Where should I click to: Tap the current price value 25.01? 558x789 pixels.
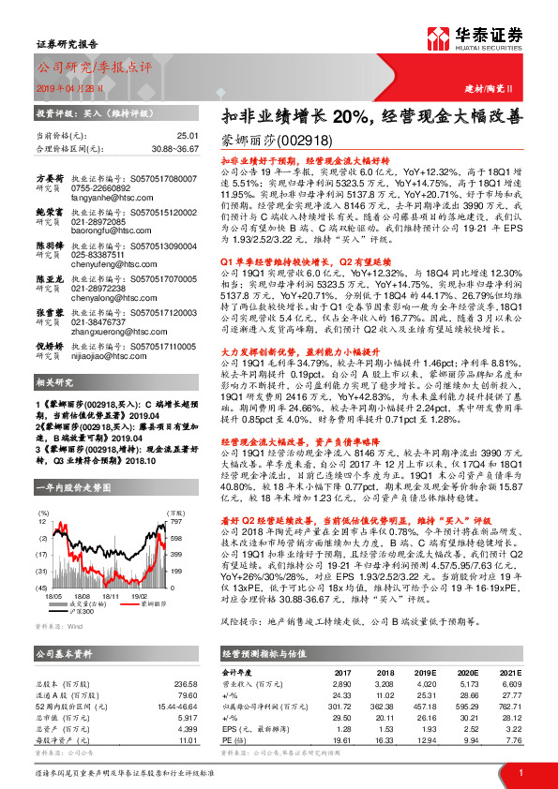click(x=190, y=136)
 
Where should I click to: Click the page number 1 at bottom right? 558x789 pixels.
click(x=520, y=770)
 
